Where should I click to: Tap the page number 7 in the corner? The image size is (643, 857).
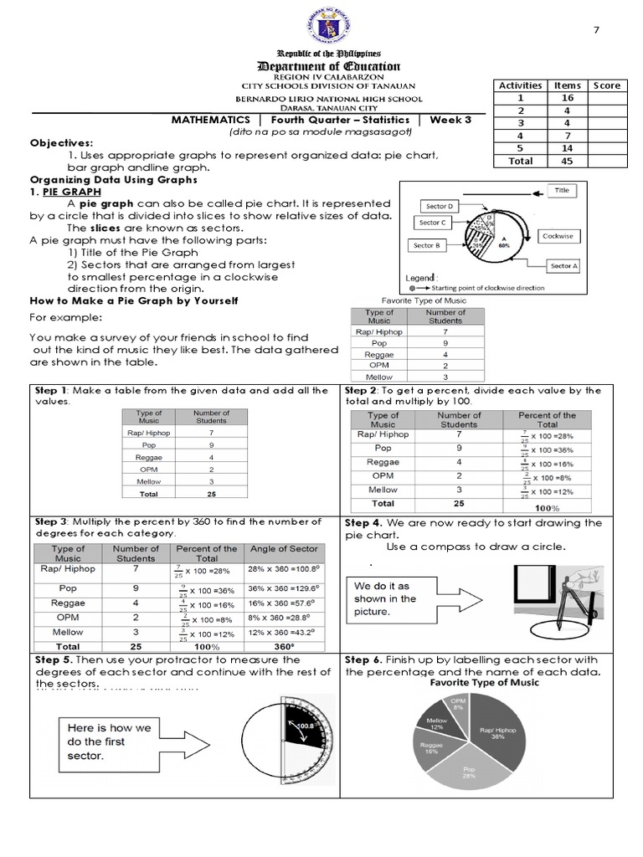596,31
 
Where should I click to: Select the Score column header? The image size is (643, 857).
606,85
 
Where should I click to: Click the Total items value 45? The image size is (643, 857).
567,161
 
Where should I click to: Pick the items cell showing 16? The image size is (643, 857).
567,98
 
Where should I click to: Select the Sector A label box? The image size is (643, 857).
563,266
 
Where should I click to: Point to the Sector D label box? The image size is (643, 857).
440,206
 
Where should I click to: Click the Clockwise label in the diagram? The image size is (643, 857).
558,236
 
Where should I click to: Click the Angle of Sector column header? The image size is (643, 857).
283,549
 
